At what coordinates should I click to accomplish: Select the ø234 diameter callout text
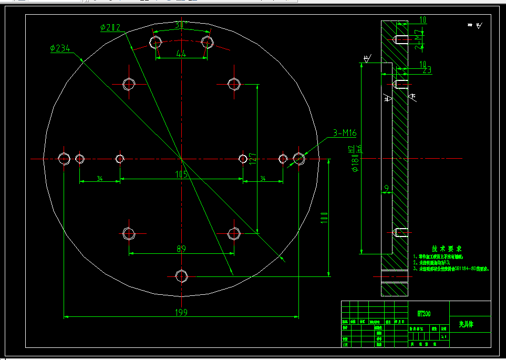[x=60, y=48]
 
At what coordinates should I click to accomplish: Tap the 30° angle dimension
[x=181, y=25]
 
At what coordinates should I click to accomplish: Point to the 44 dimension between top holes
[x=181, y=53]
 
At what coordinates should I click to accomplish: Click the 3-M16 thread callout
[x=344, y=133]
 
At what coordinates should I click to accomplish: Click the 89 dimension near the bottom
[x=181, y=249]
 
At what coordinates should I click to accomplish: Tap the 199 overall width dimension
[x=181, y=312]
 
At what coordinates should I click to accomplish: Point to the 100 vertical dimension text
[x=324, y=217]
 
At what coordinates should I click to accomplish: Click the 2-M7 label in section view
[x=418, y=40]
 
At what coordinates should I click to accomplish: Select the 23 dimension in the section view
[x=426, y=69]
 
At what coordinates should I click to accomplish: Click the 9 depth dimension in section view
[x=387, y=188]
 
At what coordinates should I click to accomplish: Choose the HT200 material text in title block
[x=424, y=314]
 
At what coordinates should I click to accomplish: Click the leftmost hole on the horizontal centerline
[x=64, y=158]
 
